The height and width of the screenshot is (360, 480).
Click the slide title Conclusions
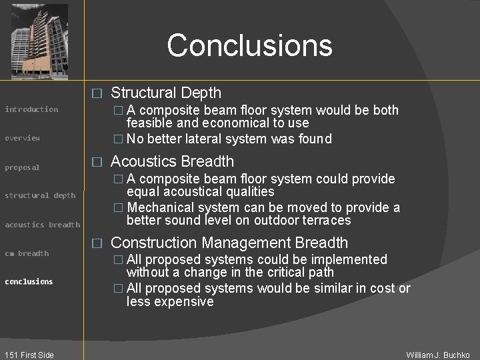[x=249, y=45]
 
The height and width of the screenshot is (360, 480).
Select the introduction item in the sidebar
[x=31, y=109]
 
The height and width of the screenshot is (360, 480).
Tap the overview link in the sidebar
[x=23, y=138]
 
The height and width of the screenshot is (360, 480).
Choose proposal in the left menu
[x=22, y=167]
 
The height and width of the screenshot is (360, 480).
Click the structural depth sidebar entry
[x=40, y=195]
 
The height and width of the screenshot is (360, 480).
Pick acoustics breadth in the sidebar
[x=42, y=225]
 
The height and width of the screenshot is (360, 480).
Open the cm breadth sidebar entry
[x=27, y=253]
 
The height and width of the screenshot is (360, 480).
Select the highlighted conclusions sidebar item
[x=29, y=281]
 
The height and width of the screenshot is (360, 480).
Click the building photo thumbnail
[x=39, y=41]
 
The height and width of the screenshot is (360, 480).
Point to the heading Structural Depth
[x=166, y=93]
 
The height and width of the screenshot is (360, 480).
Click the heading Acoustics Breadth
[x=172, y=161]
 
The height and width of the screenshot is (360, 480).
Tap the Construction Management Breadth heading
[x=229, y=243]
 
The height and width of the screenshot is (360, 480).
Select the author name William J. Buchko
[x=438, y=355]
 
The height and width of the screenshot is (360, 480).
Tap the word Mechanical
[x=161, y=207]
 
